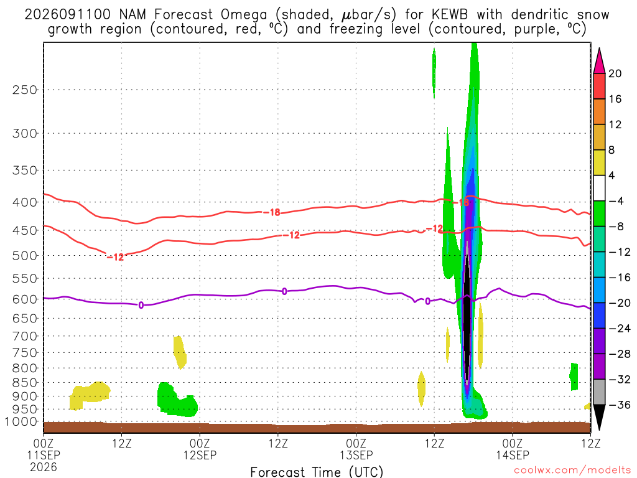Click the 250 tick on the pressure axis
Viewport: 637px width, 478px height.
(25, 90)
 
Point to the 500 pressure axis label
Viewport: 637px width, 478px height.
(25, 256)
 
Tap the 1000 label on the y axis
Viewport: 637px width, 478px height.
(22, 422)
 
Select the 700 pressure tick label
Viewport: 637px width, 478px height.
(25, 336)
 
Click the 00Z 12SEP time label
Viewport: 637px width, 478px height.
(200, 449)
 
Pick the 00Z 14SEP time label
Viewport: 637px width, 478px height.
(513, 449)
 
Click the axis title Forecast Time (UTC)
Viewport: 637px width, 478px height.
(317, 472)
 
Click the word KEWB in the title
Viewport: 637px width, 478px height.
(450, 15)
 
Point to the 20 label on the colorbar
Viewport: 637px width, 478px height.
(615, 73)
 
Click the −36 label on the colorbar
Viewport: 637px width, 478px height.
(620, 405)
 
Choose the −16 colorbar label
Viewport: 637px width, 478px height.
(620, 278)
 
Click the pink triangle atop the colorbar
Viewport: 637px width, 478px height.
(599, 61)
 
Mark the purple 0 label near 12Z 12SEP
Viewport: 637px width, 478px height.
(284, 291)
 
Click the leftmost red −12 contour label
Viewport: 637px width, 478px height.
(115, 257)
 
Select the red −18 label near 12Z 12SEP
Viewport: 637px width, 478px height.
(272, 212)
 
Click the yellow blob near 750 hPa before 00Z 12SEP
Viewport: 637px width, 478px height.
(180, 352)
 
